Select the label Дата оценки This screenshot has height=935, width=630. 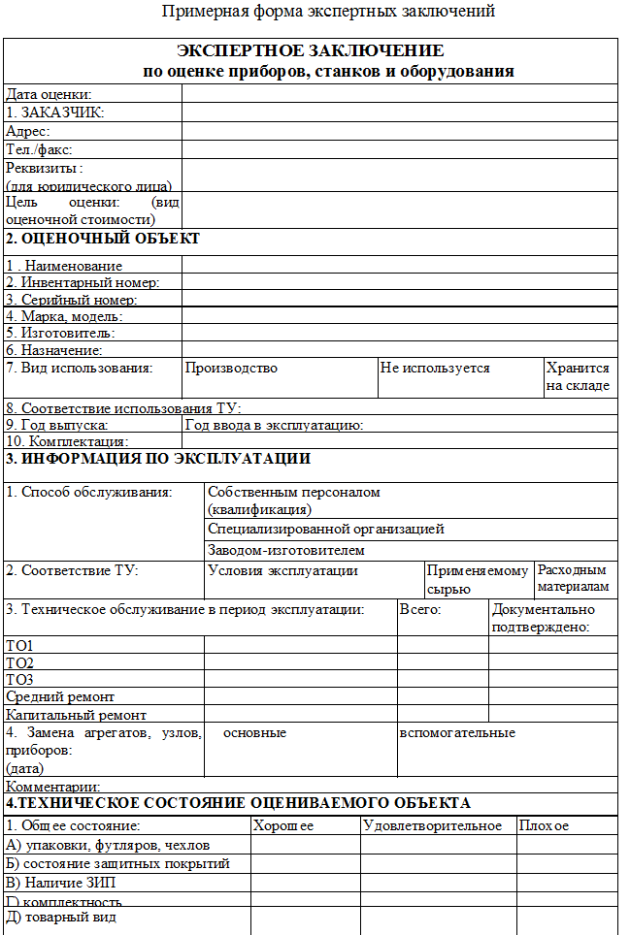[x=49, y=94]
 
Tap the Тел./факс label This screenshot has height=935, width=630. [x=40, y=149]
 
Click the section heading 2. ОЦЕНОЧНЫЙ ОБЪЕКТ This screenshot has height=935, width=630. [x=103, y=239]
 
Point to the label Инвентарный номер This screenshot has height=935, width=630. [x=83, y=282]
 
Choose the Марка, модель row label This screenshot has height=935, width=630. [x=64, y=316]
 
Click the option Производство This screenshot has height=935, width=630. [x=231, y=368]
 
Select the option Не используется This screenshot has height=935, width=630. [x=435, y=368]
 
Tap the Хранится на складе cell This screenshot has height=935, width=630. [x=578, y=376]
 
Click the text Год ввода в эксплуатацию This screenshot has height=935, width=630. [x=274, y=425]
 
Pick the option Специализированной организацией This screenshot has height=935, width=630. [x=326, y=529]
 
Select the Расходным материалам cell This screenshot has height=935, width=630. [x=574, y=578]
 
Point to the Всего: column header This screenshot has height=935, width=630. [x=421, y=609]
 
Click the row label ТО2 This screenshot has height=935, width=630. [x=19, y=662]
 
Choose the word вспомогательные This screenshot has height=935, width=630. [x=457, y=732]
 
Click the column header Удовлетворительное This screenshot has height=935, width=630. [x=432, y=825]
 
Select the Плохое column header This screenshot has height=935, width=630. [x=544, y=825]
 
